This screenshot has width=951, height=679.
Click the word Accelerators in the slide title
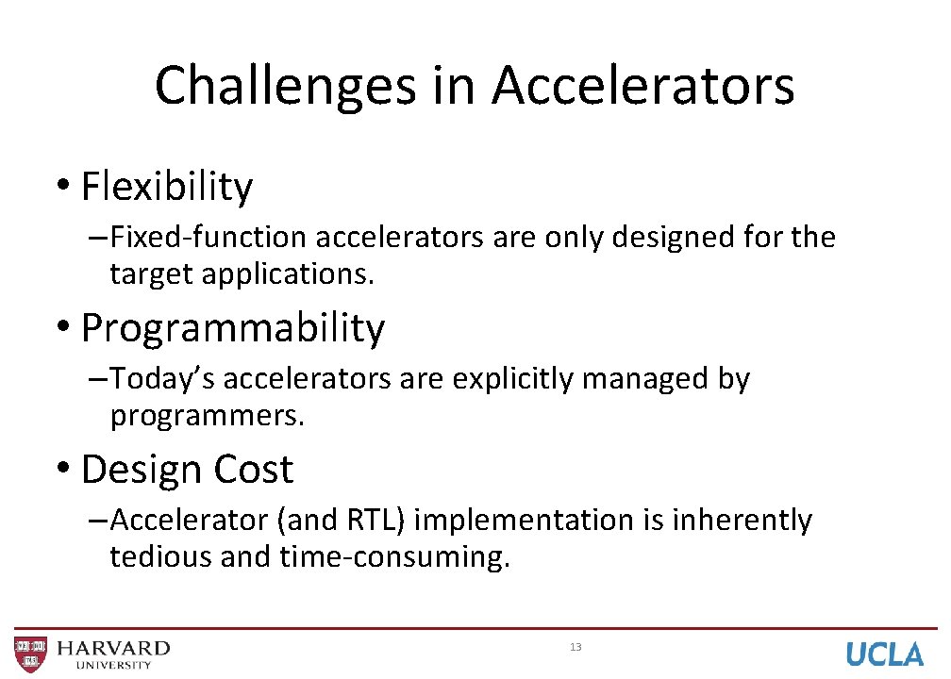[x=642, y=86]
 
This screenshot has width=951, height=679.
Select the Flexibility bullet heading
[x=167, y=187]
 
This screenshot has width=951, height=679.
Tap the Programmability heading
[x=233, y=328]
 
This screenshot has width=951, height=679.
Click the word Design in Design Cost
[x=142, y=470]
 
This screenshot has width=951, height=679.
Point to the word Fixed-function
[x=210, y=238]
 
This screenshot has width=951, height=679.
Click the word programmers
[x=208, y=416]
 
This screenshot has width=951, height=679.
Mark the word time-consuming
[x=394, y=557]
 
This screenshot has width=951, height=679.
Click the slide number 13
[x=576, y=647]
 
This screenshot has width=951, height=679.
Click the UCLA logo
[x=884, y=654]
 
